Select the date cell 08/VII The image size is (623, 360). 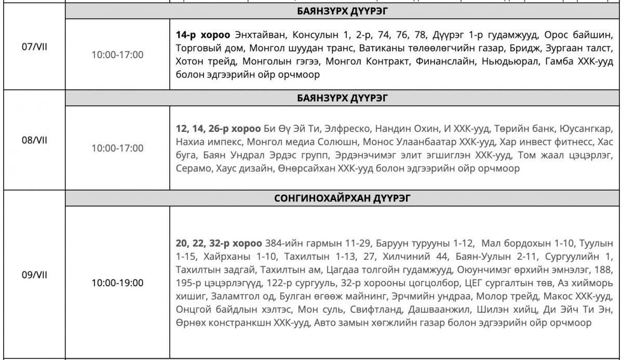(33, 141)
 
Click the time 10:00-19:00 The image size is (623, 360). (117, 284)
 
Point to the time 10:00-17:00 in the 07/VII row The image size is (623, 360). (117, 55)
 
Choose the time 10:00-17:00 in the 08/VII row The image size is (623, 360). (117, 148)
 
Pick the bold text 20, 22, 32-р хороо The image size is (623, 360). (219, 243)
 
